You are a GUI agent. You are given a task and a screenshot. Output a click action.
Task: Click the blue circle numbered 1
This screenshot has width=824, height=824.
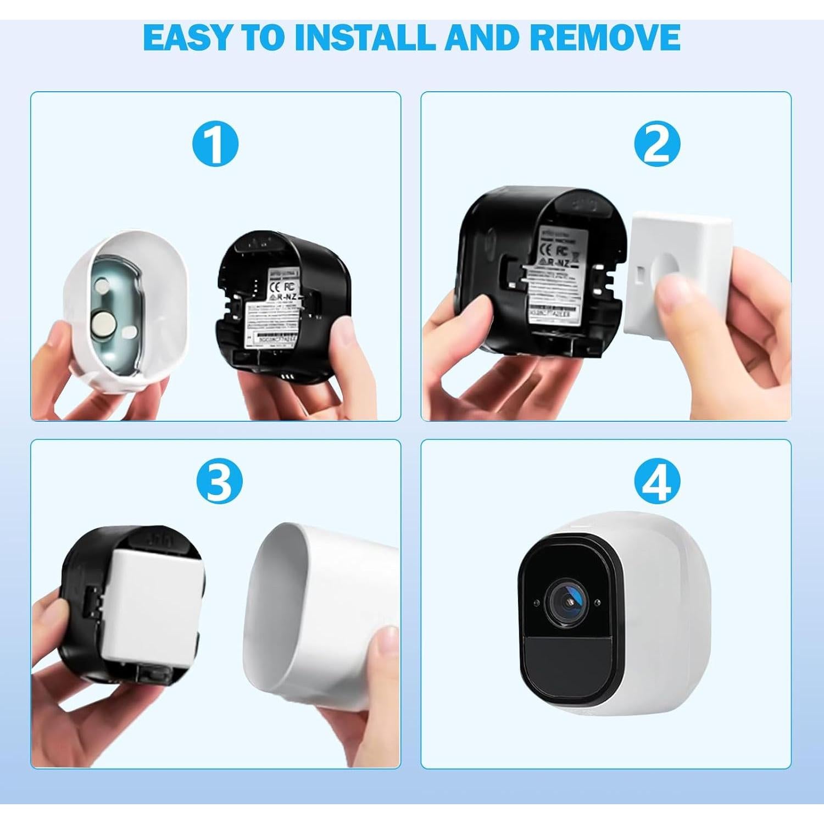(x=215, y=144)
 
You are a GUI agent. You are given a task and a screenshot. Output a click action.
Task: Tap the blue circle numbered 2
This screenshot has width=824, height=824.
(x=657, y=144)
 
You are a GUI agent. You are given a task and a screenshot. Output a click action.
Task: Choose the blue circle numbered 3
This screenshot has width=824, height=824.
(x=219, y=481)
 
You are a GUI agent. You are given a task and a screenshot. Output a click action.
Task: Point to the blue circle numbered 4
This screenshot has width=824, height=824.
(x=657, y=481)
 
